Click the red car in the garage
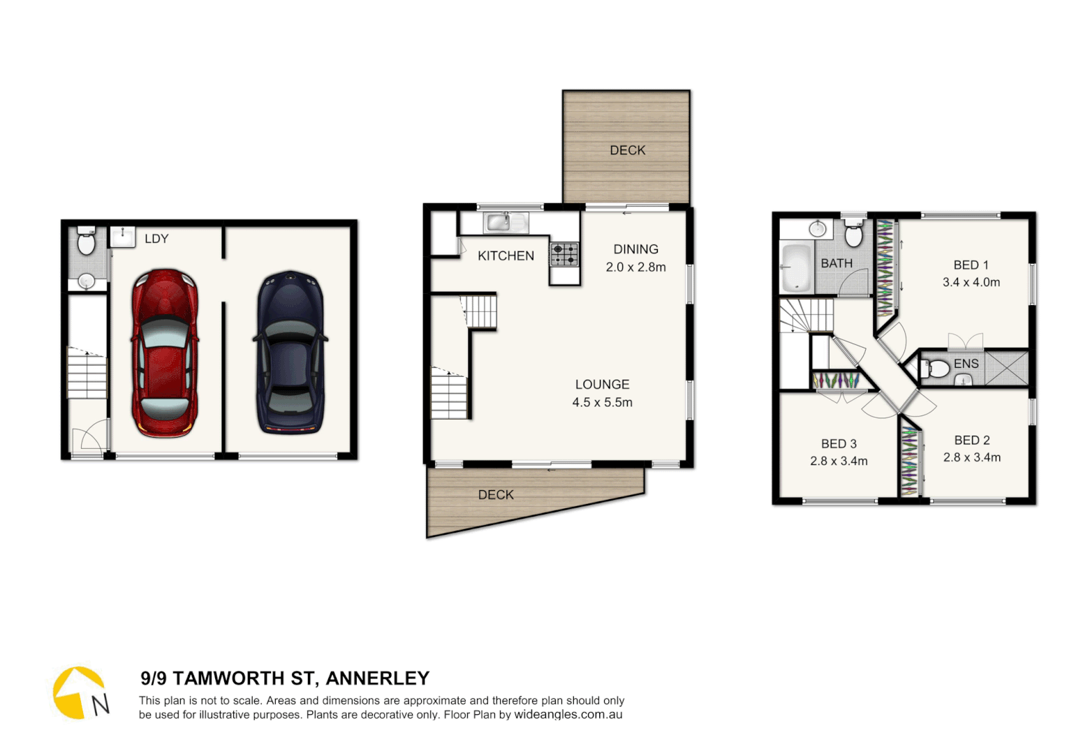click(x=165, y=353)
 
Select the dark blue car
click(x=290, y=353)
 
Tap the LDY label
click(x=156, y=239)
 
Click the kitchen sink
click(x=499, y=223)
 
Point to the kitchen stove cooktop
click(x=564, y=254)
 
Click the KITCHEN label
click(x=506, y=256)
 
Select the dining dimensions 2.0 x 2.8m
click(x=635, y=267)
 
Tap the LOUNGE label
click(x=602, y=385)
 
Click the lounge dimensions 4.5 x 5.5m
click(x=602, y=403)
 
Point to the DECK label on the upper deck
click(x=627, y=150)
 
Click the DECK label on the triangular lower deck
click(x=496, y=495)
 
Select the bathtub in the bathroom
click(x=795, y=267)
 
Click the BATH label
click(x=837, y=263)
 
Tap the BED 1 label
click(x=971, y=265)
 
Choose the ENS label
click(x=966, y=364)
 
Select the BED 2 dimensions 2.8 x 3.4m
click(x=971, y=458)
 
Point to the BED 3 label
click(x=839, y=444)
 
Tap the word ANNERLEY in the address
click(x=377, y=679)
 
